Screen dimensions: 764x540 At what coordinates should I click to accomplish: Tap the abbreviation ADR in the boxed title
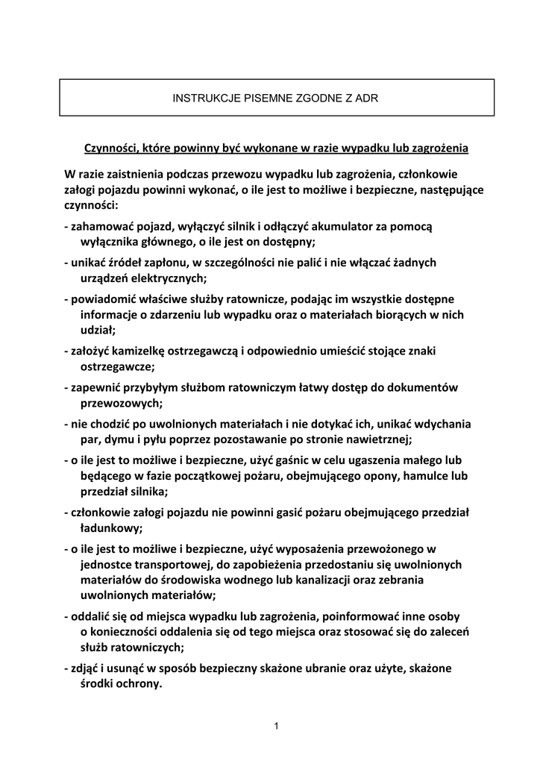[x=367, y=98]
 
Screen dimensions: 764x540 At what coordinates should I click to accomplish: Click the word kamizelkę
[x=148, y=350]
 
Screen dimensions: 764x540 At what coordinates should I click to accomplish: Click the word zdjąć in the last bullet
[x=84, y=668]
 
